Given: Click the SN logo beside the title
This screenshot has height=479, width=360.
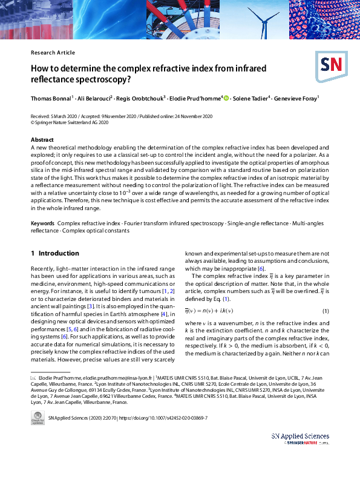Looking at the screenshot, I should pyautogui.click(x=329, y=63).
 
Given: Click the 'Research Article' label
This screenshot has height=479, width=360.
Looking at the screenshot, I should pyautogui.click(x=53, y=53).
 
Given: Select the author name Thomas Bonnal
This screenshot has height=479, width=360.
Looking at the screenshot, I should pyautogui.click(x=51, y=98).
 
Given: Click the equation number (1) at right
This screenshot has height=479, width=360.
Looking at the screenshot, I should pyautogui.click(x=325, y=311).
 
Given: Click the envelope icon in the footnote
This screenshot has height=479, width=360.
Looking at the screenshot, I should pyautogui.click(x=34, y=377).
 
